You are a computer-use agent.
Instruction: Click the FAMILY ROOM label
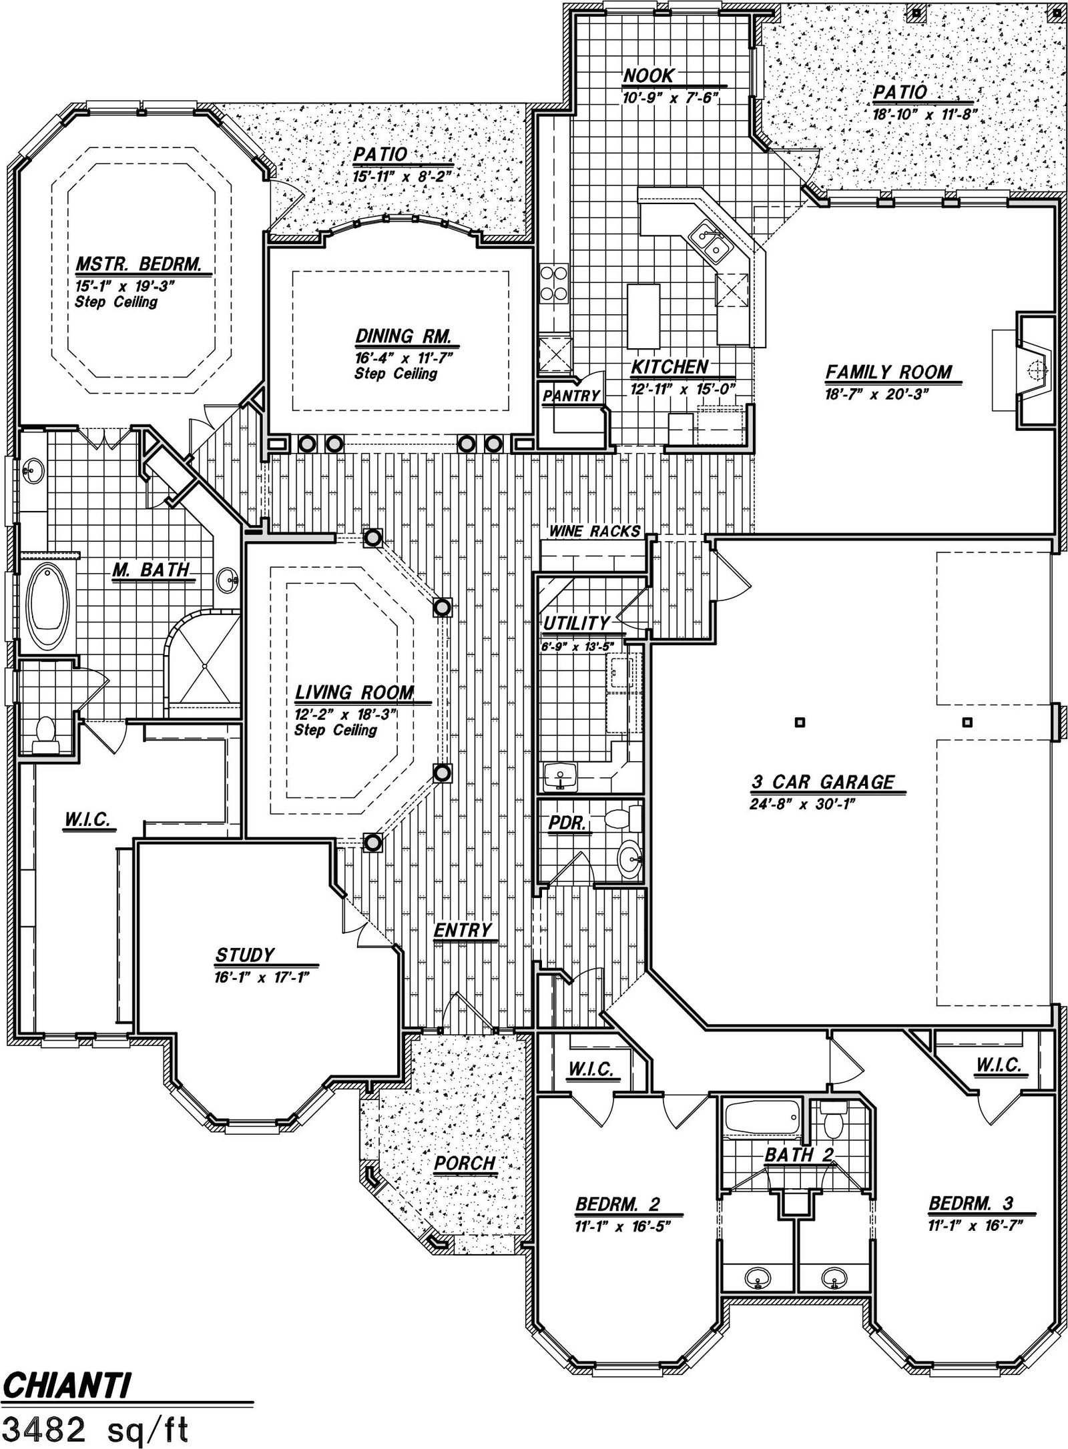(888, 372)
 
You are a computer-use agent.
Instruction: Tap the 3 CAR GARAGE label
(823, 782)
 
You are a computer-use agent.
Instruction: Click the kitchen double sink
(710, 241)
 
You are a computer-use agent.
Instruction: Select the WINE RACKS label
(594, 532)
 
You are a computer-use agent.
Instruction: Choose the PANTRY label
(571, 396)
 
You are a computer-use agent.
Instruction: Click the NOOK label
(649, 76)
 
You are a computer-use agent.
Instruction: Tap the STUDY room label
(244, 955)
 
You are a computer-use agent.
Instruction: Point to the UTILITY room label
(576, 623)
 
